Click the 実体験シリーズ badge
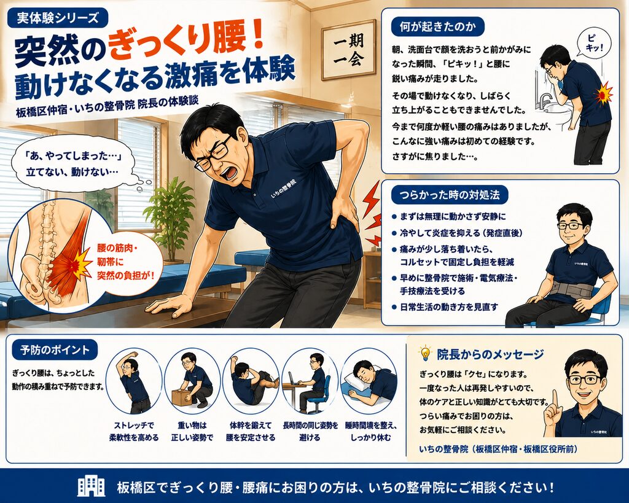pyautogui.click(x=57, y=18)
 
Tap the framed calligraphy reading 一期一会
pyautogui.click(x=349, y=50)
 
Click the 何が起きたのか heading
pyautogui.click(x=437, y=27)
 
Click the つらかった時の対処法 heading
pyautogui.click(x=450, y=195)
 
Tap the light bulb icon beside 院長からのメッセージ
pyautogui.click(x=424, y=353)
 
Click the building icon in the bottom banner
pyautogui.click(x=92, y=487)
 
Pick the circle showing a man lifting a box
pyautogui.click(x=192, y=381)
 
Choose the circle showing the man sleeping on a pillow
pyautogui.click(x=369, y=381)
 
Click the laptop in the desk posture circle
pyautogui.click(x=293, y=379)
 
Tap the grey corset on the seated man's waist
pyautogui.click(x=571, y=289)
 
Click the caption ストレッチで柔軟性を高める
pyautogui.click(x=135, y=431)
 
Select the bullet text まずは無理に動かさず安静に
pyautogui.click(x=453, y=217)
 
